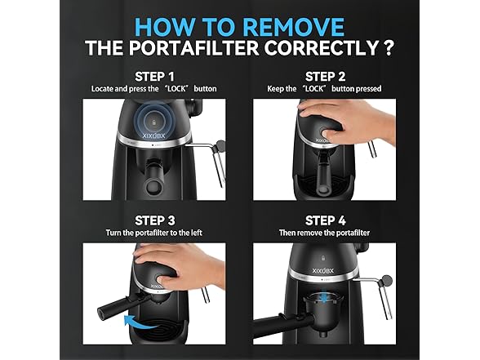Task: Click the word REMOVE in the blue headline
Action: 294,27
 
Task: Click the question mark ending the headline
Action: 389,47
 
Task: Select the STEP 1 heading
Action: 154,77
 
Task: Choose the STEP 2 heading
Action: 325,77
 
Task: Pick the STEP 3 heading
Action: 154,220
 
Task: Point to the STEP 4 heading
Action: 325,220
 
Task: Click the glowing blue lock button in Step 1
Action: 154,122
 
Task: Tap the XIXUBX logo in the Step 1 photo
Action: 154,136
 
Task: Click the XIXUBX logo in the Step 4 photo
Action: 323,271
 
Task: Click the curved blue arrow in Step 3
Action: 140,322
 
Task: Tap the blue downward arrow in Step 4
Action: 324,296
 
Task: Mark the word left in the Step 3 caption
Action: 197,233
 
